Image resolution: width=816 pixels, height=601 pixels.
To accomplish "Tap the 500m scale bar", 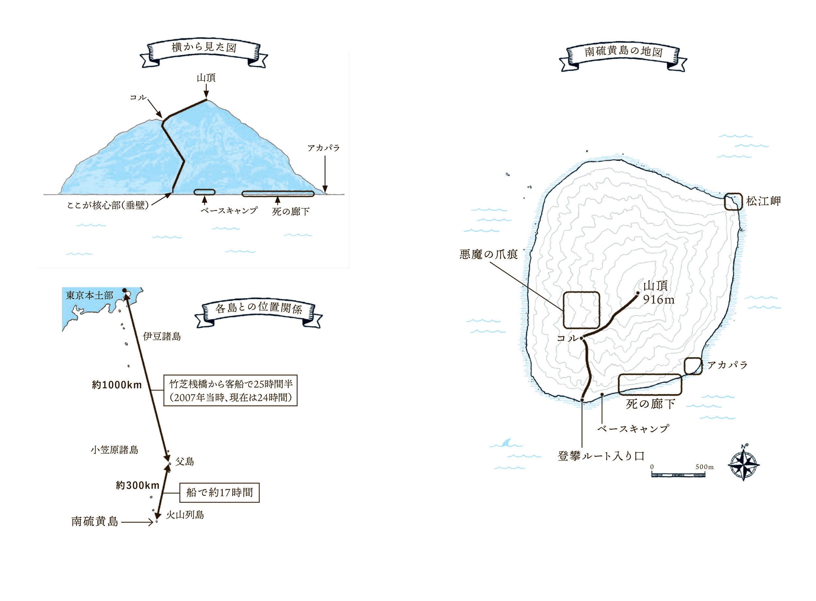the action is click(678, 474).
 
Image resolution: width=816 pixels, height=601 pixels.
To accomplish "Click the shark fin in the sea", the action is click(506, 443).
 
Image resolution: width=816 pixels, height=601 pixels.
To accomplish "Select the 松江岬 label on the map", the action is click(763, 201).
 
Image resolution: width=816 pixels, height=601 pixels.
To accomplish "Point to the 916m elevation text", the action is click(659, 299).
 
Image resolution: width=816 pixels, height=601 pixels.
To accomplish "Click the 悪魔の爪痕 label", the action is click(488, 254).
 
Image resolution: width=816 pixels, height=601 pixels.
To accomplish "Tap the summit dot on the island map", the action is click(638, 293).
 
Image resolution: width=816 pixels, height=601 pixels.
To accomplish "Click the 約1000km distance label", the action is click(117, 385).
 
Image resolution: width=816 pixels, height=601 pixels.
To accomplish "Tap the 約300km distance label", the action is click(137, 485).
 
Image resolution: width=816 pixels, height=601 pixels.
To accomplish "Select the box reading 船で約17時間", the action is click(219, 493).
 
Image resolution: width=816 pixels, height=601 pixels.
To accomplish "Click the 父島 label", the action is click(185, 462).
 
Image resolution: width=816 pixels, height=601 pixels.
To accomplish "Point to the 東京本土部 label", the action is click(89, 295).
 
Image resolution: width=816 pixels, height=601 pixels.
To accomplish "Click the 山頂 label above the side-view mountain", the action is click(206, 78).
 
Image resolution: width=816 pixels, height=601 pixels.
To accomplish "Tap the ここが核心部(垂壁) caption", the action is click(108, 206).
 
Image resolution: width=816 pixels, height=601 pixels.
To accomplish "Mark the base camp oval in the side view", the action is click(204, 192).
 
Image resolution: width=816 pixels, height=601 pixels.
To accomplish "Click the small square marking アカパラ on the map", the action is click(693, 366).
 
